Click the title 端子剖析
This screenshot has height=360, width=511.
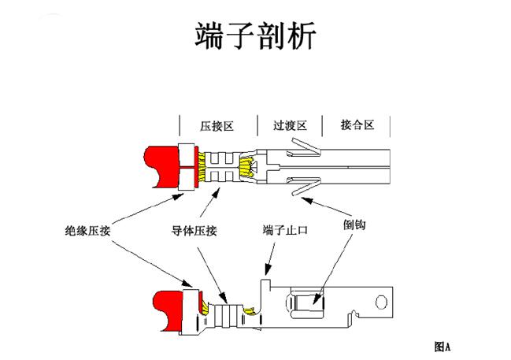255,35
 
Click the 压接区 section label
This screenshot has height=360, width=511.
218,125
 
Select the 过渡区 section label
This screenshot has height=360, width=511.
289,125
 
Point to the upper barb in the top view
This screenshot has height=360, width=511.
305,147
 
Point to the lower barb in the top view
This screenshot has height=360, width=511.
305,187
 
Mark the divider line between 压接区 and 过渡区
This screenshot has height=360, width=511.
257,125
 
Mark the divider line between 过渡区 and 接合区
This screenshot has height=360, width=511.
323,125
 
